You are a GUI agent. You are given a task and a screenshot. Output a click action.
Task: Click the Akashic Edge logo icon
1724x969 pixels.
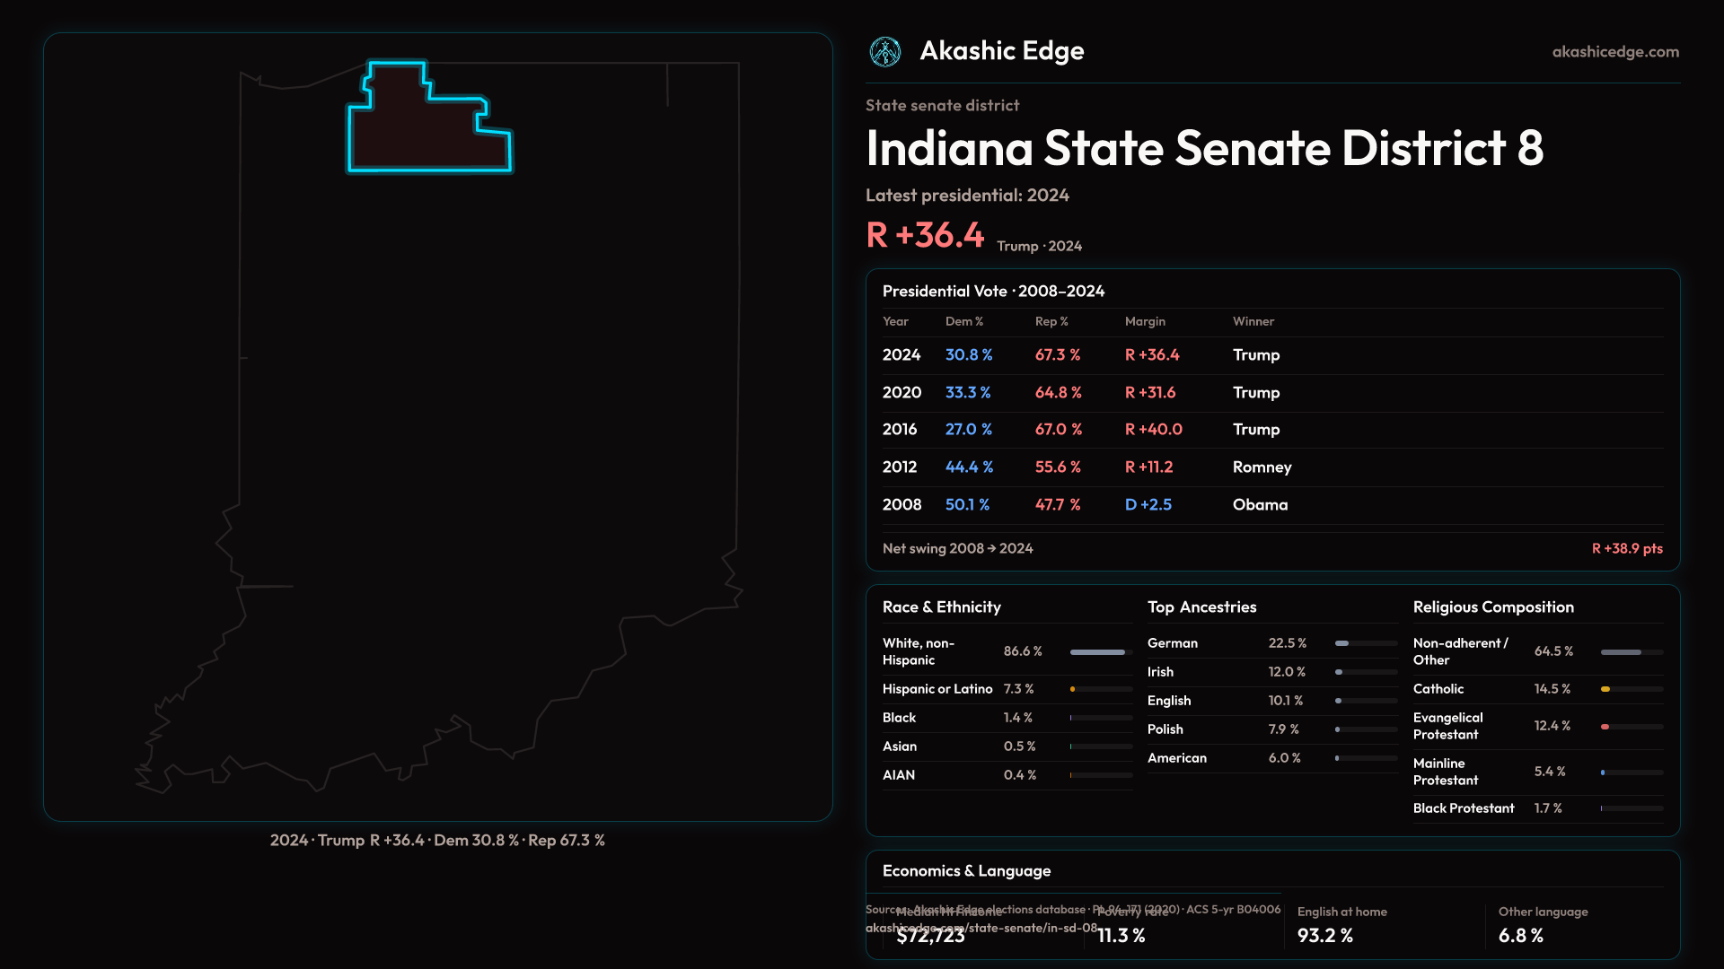pos(885,52)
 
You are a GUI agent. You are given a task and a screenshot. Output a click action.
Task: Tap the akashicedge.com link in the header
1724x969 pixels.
pos(1615,52)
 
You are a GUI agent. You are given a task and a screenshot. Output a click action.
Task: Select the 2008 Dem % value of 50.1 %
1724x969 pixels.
pos(967,504)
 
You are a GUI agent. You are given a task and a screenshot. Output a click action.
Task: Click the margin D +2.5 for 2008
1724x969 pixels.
pos(1148,504)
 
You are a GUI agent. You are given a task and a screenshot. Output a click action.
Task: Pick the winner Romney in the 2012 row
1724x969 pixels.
pos(1262,467)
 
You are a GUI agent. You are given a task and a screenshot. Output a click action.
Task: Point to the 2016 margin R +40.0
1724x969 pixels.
pos(1153,429)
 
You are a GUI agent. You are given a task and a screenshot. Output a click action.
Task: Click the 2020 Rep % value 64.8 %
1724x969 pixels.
pos(1058,392)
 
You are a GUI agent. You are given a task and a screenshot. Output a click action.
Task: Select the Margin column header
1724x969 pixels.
pos(1145,321)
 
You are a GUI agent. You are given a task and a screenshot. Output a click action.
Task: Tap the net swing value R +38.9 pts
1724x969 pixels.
pos(1627,548)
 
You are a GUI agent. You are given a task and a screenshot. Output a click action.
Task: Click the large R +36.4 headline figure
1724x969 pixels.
pos(925,235)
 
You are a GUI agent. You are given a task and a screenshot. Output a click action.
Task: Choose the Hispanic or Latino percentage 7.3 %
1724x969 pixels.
pos(1018,689)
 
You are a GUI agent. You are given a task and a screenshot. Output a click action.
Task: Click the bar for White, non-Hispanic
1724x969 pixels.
pos(1097,652)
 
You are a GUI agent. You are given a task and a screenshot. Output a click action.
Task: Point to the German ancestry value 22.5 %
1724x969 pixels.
pos(1287,643)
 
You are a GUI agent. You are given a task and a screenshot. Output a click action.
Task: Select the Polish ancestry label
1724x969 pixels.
pos(1165,729)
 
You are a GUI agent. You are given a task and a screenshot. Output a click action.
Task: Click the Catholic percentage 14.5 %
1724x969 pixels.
pos(1552,689)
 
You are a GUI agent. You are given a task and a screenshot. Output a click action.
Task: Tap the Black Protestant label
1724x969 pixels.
pos(1463,808)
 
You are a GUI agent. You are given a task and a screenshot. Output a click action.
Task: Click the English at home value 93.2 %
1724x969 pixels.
pos(1324,935)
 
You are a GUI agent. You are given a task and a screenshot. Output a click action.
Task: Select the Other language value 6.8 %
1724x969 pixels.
pos(1520,935)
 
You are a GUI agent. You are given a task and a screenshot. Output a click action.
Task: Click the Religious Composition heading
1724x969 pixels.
pos(1492,607)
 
